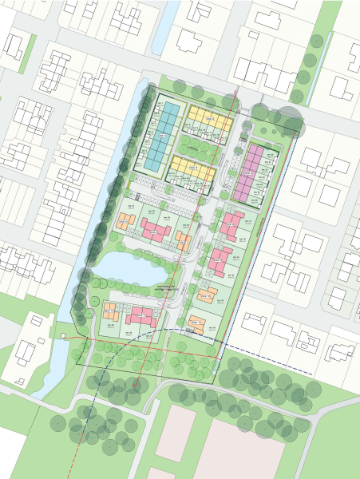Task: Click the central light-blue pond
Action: tap(124, 267)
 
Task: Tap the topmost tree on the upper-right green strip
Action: tap(317, 40)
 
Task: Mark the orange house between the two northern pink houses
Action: tap(183, 240)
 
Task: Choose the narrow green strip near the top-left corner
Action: tap(28, 52)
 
